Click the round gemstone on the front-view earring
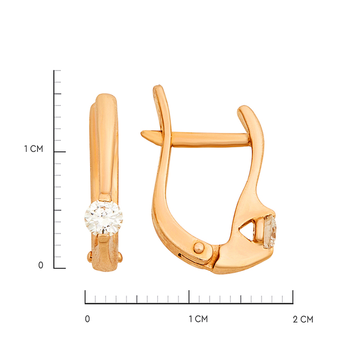(104, 218)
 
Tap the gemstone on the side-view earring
(270, 231)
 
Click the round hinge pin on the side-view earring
(199, 248)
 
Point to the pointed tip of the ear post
(142, 133)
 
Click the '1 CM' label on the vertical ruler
(33, 149)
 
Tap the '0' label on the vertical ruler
(41, 265)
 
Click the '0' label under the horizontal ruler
(87, 319)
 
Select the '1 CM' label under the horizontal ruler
(199, 319)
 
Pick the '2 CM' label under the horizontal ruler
(303, 319)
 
